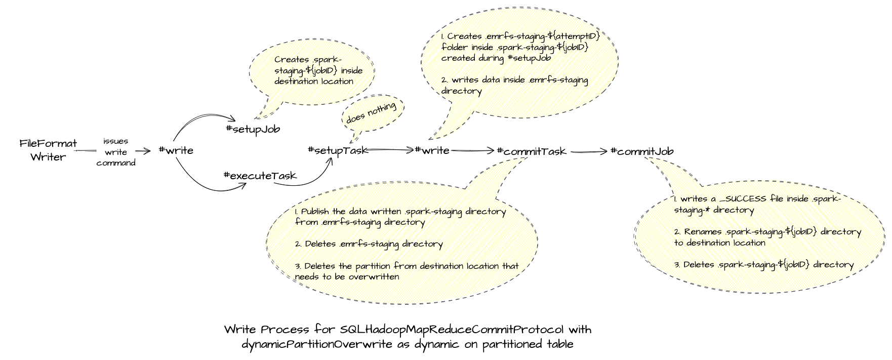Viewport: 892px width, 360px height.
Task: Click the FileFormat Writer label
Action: tap(48, 150)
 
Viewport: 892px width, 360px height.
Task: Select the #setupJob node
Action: tap(253, 129)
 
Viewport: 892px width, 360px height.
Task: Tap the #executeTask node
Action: tap(260, 176)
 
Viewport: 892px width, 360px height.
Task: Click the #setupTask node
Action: tap(337, 150)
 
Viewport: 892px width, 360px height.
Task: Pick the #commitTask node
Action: tap(532, 151)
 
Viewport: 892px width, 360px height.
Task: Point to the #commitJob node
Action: tap(642, 151)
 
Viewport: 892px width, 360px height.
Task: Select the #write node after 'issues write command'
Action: tap(176, 150)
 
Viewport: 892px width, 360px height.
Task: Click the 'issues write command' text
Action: tap(115, 152)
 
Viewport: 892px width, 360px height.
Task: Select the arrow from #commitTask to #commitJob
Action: tap(588, 151)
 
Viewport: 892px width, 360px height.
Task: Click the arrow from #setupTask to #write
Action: tap(390, 150)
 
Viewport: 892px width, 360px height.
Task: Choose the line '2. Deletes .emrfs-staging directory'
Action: tap(369, 244)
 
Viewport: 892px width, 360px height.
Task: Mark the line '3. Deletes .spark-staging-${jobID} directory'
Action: tap(763, 265)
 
